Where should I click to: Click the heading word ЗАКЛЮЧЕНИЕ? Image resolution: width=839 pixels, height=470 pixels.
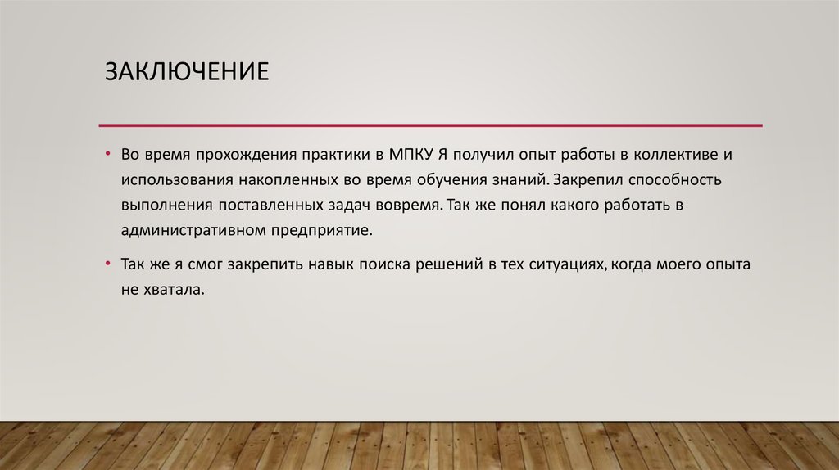(x=186, y=70)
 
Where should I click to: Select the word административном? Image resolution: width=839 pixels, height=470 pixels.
(x=192, y=230)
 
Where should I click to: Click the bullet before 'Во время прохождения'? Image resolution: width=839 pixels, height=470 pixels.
(x=107, y=153)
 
